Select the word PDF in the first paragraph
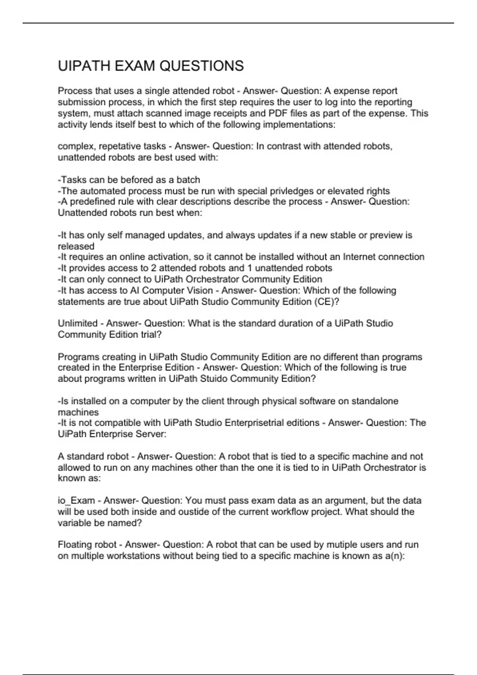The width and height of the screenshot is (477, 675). pos(278,114)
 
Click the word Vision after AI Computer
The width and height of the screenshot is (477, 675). pos(198,291)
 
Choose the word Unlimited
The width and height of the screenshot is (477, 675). pos(78,324)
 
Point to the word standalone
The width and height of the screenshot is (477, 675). pos(374,401)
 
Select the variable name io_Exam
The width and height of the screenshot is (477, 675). pos(76,501)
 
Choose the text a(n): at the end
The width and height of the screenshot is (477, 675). pos(395,556)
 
